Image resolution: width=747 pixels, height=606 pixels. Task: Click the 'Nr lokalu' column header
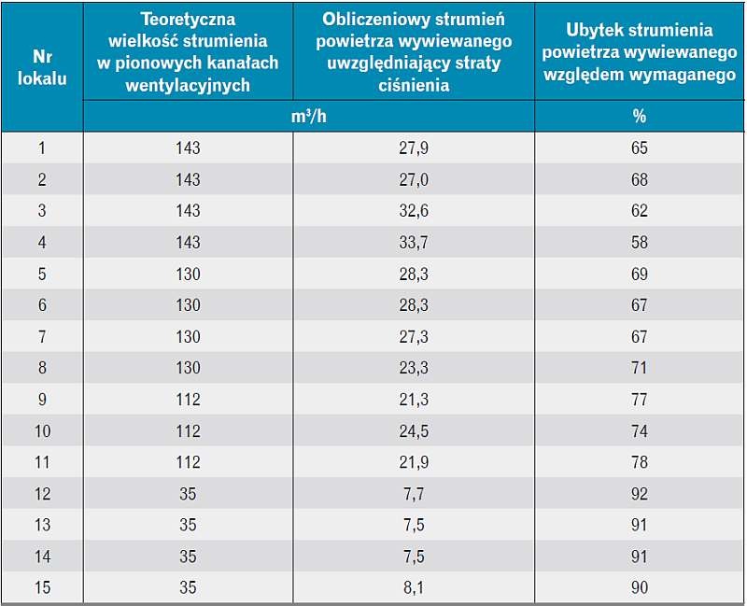pyautogui.click(x=42, y=67)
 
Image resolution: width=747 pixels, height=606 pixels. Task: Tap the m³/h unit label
pyautogui.click(x=309, y=116)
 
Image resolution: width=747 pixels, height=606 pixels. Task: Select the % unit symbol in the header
pyautogui.click(x=640, y=116)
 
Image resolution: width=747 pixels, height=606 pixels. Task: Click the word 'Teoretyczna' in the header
pyautogui.click(x=188, y=19)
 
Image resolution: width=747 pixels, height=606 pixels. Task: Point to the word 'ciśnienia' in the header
pyautogui.click(x=414, y=85)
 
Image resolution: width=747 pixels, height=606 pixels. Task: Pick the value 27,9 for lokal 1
pyautogui.click(x=414, y=148)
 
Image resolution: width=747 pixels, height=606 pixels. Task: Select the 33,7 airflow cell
pyautogui.click(x=414, y=243)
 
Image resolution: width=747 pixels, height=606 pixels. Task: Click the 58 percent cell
pyautogui.click(x=640, y=243)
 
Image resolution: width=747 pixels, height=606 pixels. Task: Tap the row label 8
pyautogui.click(x=42, y=368)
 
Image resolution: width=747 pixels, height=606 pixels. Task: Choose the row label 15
pyautogui.click(x=42, y=587)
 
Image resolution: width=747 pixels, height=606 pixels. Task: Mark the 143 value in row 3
pyautogui.click(x=188, y=211)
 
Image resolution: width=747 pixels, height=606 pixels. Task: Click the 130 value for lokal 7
pyautogui.click(x=188, y=337)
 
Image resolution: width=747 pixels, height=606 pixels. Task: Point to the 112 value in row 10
pyautogui.click(x=188, y=431)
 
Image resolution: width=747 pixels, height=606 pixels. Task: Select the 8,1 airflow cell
pyautogui.click(x=414, y=587)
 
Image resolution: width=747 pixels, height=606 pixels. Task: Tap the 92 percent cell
pyautogui.click(x=640, y=494)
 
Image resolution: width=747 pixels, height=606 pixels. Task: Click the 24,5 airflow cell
pyautogui.click(x=414, y=431)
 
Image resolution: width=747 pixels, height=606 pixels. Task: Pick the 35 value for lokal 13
pyautogui.click(x=188, y=525)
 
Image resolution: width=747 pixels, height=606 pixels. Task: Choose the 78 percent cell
pyautogui.click(x=640, y=462)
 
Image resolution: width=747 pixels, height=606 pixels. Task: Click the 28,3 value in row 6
pyautogui.click(x=414, y=305)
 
